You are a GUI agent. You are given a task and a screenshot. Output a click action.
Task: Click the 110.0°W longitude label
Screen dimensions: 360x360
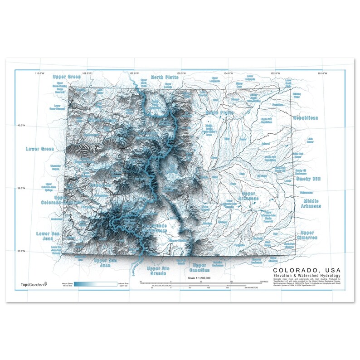[39, 73]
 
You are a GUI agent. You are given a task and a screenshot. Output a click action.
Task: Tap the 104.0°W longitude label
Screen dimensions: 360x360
[228, 73]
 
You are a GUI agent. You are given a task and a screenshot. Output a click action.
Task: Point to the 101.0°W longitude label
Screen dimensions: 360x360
[322, 73]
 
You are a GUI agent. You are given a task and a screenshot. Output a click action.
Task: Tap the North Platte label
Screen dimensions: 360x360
[165, 78]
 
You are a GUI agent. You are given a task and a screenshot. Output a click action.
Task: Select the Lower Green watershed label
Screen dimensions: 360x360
[39, 149]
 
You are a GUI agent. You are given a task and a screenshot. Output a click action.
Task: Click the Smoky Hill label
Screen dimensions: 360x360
[308, 179]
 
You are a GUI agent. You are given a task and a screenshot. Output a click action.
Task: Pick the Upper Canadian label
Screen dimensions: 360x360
[199, 268]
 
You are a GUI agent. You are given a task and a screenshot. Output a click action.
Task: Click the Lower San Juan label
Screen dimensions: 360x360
[48, 237]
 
